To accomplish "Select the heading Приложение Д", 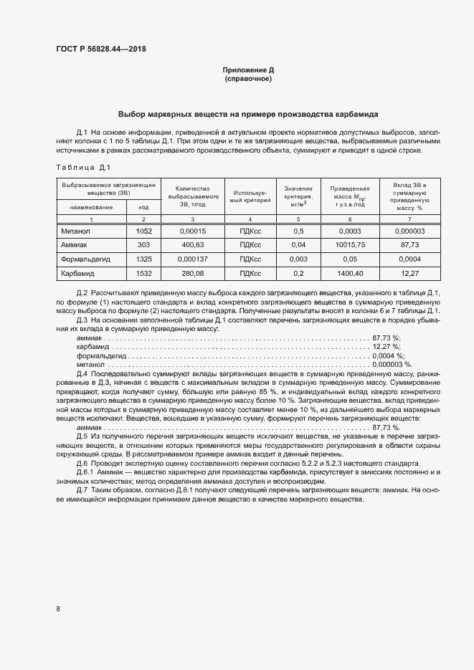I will pos(248,70).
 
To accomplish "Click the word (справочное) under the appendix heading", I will pos(248,79).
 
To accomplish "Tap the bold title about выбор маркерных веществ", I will pos(249,115).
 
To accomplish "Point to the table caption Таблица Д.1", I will pos(82,168).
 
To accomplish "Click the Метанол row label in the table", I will pos(75,231).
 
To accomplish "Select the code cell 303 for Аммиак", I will pos(144,245).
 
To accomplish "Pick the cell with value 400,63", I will pos(191,245).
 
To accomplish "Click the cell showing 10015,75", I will pos(349,245).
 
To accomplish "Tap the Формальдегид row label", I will pos(85,259).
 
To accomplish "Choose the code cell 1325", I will pos(144,259).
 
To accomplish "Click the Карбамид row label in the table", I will pos(78,273).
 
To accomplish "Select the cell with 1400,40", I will pos(349,273).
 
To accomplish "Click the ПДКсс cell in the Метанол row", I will pos(250,231).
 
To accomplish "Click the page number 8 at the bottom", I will pos(58,608).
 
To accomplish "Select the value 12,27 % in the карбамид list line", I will pos(386,346).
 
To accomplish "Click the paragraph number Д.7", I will pos(82,490).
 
